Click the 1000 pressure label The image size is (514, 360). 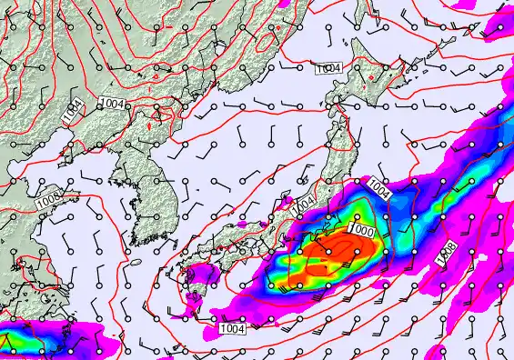360,231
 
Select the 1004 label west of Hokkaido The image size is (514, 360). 328,69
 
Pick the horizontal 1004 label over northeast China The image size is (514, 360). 115,105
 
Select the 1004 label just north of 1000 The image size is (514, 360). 379,192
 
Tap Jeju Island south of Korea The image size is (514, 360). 137,262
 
